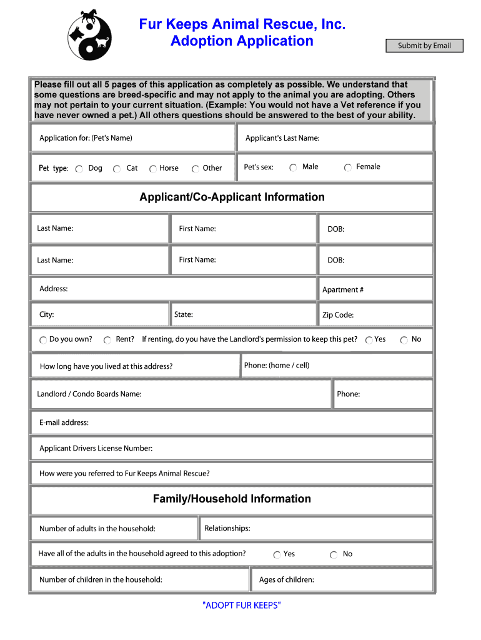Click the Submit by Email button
(424, 46)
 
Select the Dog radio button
(79, 169)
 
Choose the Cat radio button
(117, 169)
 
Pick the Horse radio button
(153, 169)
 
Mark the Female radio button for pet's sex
(347, 167)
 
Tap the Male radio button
(294, 167)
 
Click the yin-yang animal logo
(89, 34)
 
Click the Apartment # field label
(343, 290)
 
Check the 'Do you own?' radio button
(43, 340)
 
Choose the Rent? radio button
(107, 340)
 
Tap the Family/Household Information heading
(232, 499)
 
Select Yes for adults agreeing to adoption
(277, 554)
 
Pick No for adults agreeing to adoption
(334, 554)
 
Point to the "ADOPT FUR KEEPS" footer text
(242, 605)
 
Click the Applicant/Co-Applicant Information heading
(232, 197)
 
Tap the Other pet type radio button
(196, 169)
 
